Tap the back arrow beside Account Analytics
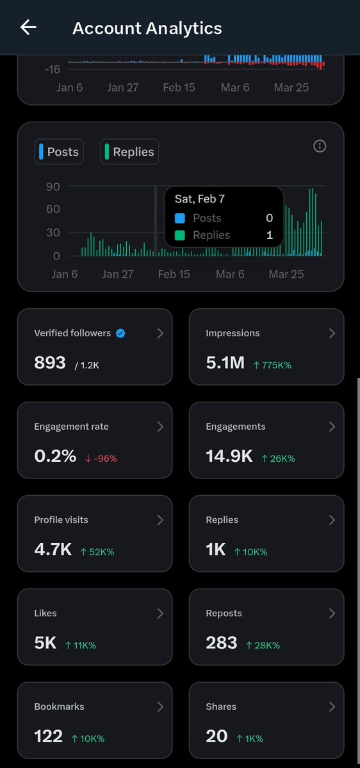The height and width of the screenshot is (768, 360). pos(28,28)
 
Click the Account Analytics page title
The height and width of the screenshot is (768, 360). pos(147,28)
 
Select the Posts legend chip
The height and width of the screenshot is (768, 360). pos(59,152)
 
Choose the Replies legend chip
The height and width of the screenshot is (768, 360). pos(129,152)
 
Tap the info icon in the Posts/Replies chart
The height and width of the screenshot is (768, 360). pos(320,146)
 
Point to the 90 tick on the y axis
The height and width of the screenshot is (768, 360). pos(53,187)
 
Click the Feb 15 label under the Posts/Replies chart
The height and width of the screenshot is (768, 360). pos(174,274)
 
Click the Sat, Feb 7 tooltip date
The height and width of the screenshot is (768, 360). pos(199,199)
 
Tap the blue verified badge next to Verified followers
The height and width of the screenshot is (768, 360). pos(120,333)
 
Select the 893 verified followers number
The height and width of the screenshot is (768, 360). pos(50,363)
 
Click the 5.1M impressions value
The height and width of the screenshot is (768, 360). pos(225,363)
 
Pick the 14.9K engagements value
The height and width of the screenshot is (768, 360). pos(229,457)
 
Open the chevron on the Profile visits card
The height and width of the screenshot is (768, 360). pos(160,520)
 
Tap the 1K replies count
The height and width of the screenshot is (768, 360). pos(216,550)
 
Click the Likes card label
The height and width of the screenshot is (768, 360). pos(45,613)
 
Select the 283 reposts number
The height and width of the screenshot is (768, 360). pos(222,643)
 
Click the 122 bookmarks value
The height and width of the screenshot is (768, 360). pos(49,737)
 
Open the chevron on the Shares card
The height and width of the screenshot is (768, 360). pos(332,707)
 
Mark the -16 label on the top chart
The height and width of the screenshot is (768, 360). pos(53,69)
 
